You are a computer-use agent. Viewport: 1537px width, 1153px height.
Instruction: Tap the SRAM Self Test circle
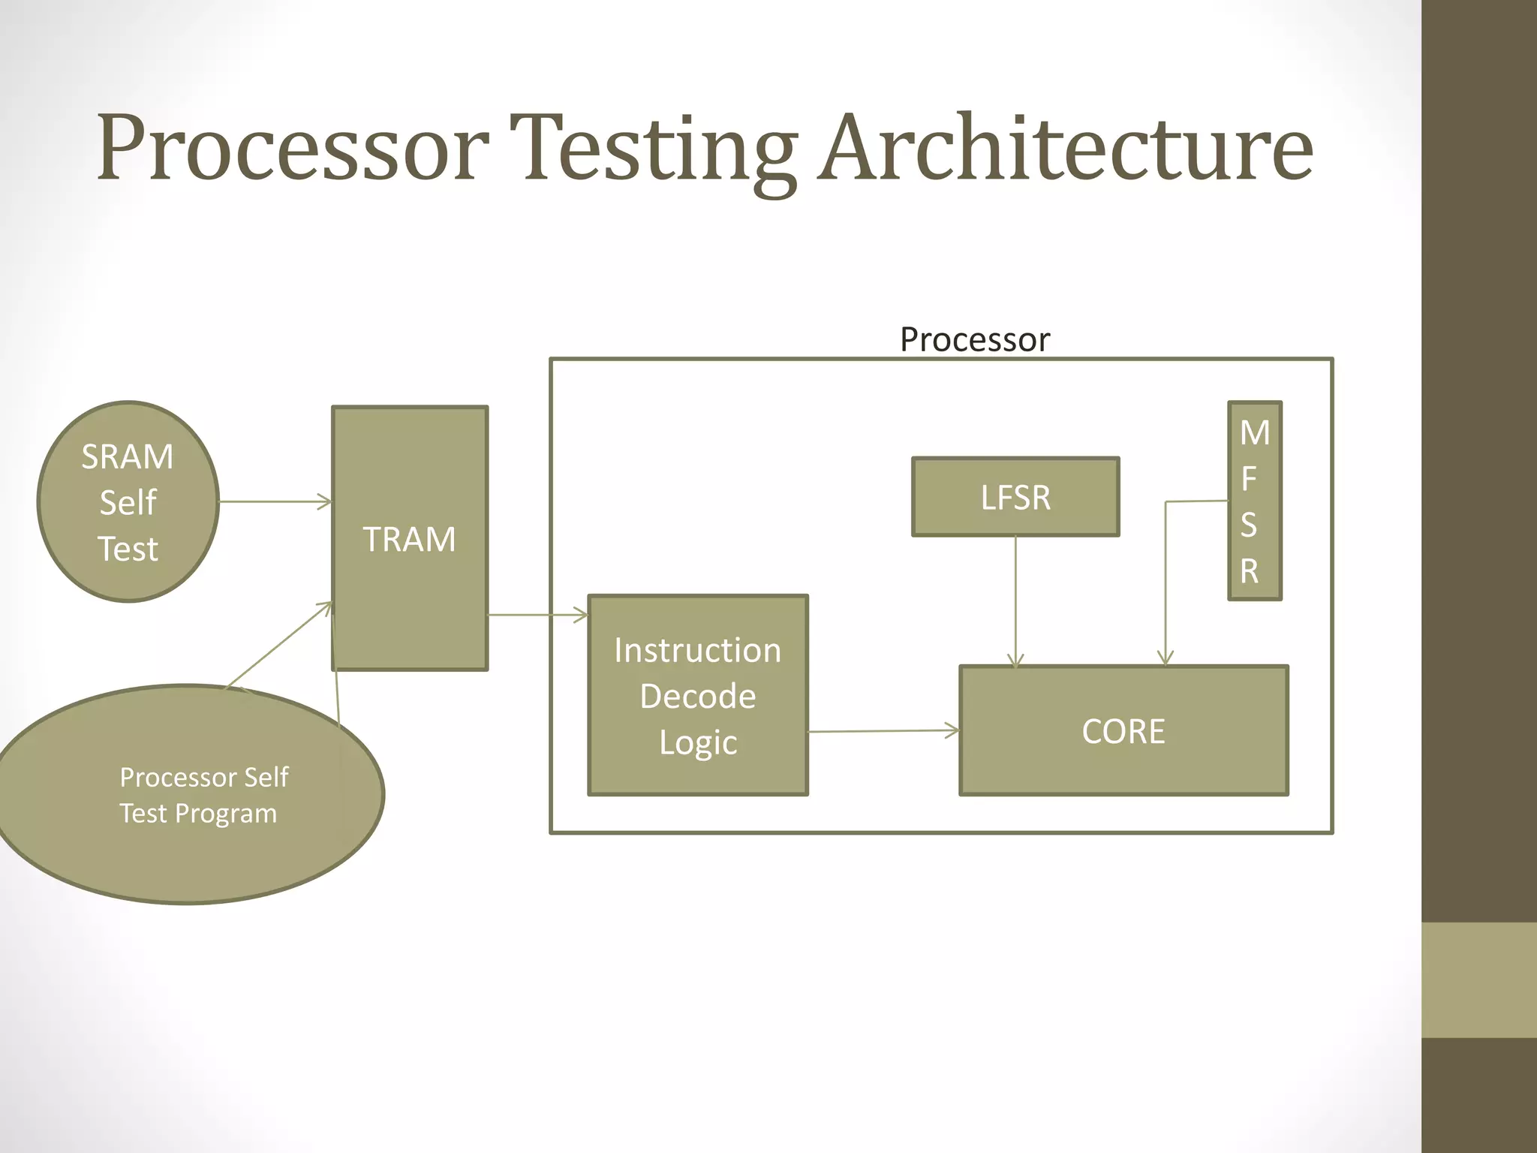pyautogui.click(x=128, y=501)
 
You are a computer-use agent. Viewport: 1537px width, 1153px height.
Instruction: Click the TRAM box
pyautogui.click(x=410, y=539)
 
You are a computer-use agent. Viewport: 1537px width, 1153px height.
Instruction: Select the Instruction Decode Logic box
pyautogui.click(x=698, y=695)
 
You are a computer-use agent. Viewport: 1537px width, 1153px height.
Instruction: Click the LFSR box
pyautogui.click(x=1015, y=497)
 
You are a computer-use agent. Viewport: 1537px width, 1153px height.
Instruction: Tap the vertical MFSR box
pyautogui.click(x=1254, y=501)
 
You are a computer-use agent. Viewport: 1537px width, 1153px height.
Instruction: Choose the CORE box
pyautogui.click(x=1123, y=730)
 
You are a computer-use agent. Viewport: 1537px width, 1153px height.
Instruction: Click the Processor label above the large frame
pyautogui.click(x=974, y=339)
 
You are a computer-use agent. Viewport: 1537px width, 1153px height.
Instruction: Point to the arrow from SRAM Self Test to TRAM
pyautogui.click(x=274, y=501)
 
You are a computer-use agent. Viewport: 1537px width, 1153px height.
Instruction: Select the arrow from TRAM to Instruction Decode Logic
pyautogui.click(x=537, y=615)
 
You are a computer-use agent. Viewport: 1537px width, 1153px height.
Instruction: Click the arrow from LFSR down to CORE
pyautogui.click(x=1015, y=601)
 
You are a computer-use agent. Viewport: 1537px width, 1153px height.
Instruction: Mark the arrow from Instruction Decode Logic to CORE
pyautogui.click(x=882, y=730)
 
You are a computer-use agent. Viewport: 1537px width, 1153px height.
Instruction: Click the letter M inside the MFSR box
pyautogui.click(x=1254, y=433)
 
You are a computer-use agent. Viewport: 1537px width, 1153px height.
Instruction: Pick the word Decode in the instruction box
pyautogui.click(x=698, y=696)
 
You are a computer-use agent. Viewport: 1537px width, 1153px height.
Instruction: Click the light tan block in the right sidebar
pyautogui.click(x=1478, y=980)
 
